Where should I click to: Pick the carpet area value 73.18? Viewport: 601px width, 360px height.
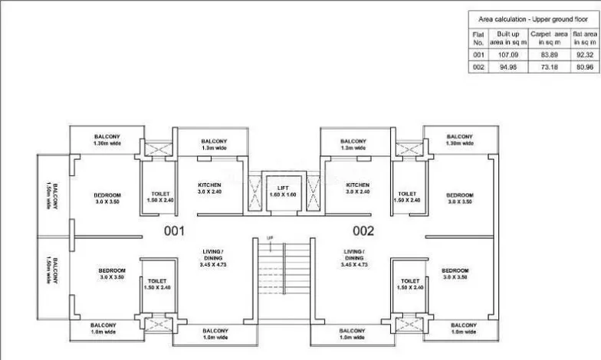(x=550, y=67)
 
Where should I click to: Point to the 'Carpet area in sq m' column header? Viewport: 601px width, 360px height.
(x=550, y=38)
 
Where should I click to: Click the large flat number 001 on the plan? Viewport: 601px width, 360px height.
(x=176, y=230)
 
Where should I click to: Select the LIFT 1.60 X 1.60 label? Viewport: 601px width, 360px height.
(x=282, y=191)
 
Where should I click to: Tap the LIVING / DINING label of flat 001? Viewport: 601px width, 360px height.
(x=212, y=257)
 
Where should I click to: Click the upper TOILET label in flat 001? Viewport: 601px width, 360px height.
(x=160, y=197)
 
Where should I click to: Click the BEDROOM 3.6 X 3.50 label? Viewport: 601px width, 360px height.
(x=460, y=198)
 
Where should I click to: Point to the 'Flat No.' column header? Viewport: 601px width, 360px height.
(x=478, y=38)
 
